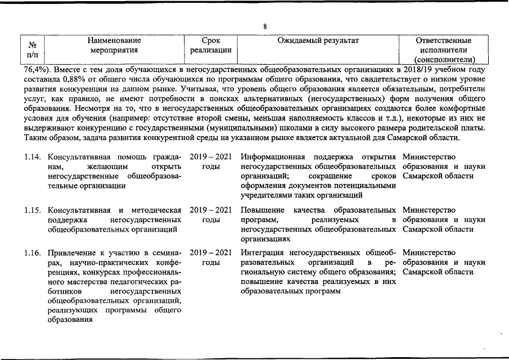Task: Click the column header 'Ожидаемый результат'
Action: (x=318, y=40)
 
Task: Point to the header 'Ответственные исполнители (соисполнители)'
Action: (x=444, y=50)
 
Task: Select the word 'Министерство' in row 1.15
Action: (x=429, y=210)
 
